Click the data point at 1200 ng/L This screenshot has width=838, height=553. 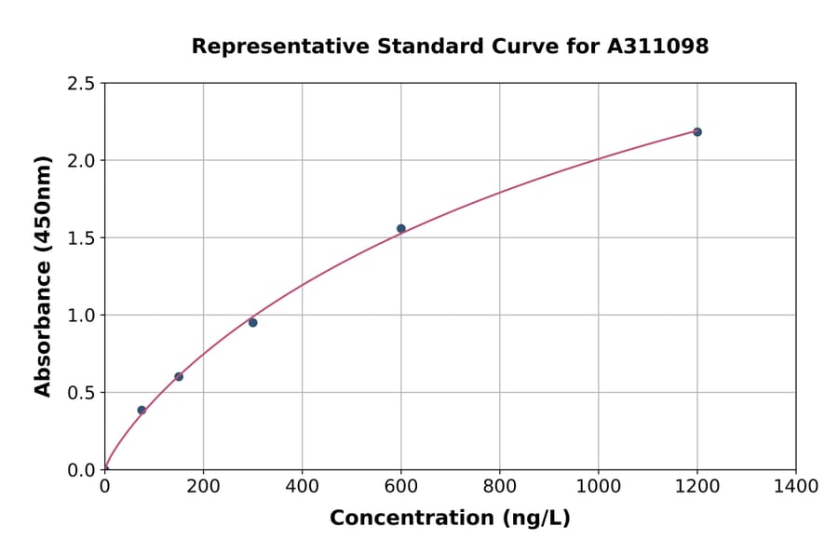(x=696, y=132)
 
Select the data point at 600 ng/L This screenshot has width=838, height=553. (x=401, y=229)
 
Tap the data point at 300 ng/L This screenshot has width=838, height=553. (x=252, y=323)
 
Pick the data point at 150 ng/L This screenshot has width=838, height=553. (x=179, y=377)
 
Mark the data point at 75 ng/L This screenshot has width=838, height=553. (x=142, y=411)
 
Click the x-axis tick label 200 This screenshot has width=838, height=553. (x=203, y=486)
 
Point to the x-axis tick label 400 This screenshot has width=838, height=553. (x=302, y=486)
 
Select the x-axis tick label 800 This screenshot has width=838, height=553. (x=500, y=486)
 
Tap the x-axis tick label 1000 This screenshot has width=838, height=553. (x=599, y=486)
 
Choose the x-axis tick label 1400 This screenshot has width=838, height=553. (x=796, y=486)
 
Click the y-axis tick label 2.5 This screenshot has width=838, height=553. (x=82, y=84)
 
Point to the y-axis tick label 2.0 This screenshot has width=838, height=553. (x=82, y=161)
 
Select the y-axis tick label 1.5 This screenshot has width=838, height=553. (x=82, y=238)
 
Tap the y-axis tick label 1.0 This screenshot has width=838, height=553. (x=82, y=316)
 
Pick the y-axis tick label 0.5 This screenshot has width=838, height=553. (x=82, y=393)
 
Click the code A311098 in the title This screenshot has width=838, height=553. (x=658, y=47)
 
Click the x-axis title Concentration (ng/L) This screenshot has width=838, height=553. (x=450, y=519)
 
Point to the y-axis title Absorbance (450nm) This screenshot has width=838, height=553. (x=43, y=276)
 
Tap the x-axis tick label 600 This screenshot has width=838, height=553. (x=401, y=486)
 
